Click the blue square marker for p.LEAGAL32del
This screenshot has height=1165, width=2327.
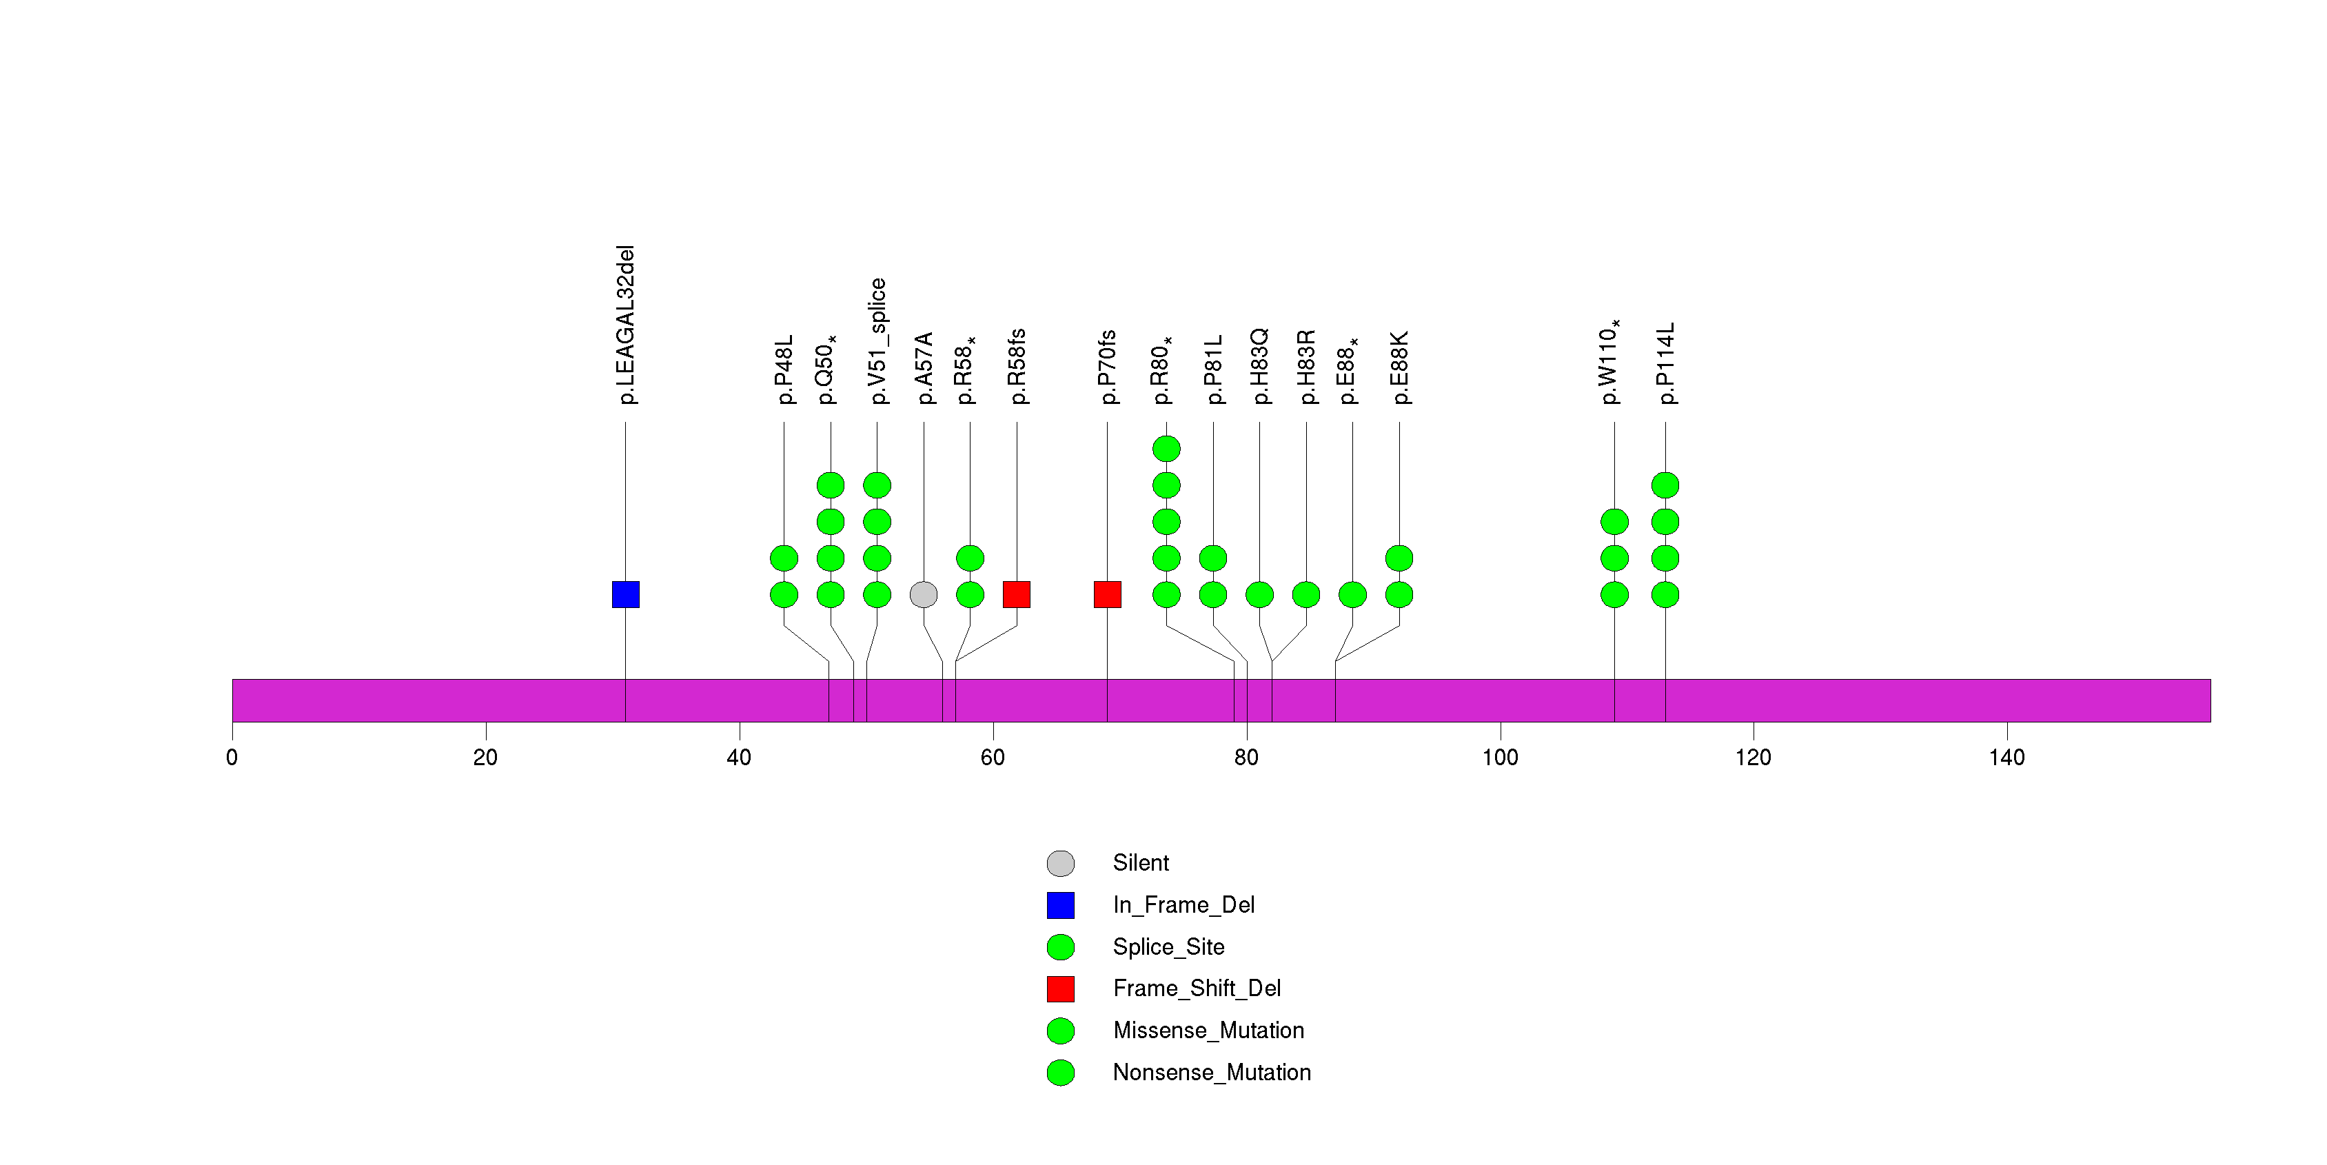(x=625, y=594)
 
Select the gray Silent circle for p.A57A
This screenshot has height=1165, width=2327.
(x=923, y=594)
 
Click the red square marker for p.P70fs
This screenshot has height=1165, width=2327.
(x=1108, y=594)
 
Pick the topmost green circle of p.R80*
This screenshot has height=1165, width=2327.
(x=1166, y=448)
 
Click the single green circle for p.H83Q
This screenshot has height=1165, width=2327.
(x=1259, y=594)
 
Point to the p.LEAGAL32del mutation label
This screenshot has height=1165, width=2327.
(x=626, y=324)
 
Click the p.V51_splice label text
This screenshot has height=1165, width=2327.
(x=877, y=341)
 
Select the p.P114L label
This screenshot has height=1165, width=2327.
(x=1666, y=363)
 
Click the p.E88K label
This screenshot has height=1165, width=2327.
(x=1399, y=367)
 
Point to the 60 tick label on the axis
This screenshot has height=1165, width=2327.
(x=993, y=758)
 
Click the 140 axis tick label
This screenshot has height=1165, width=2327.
(x=2006, y=758)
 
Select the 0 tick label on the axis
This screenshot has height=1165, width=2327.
(x=232, y=758)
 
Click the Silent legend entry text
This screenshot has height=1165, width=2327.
(x=1141, y=863)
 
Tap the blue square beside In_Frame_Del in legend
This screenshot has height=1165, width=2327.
(x=1061, y=905)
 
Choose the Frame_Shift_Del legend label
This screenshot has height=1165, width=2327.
(x=1197, y=989)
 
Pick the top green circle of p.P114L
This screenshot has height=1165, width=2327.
(x=1665, y=485)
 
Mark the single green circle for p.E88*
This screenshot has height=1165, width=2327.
(x=1352, y=594)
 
